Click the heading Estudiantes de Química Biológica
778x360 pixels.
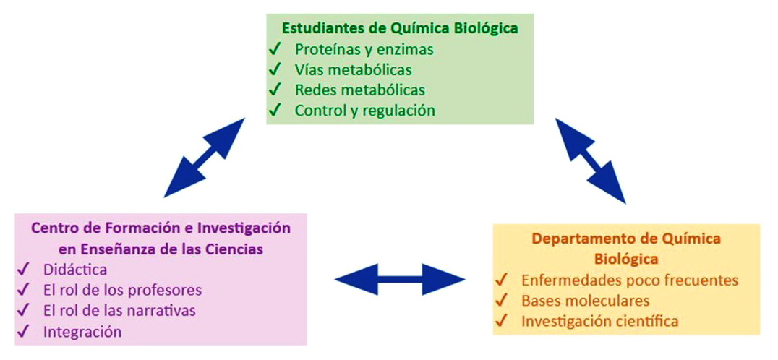point(399,29)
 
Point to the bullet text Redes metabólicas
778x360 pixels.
point(359,90)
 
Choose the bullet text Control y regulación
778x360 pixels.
point(364,111)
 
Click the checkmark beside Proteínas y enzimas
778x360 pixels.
point(274,50)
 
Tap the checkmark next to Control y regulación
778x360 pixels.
point(274,111)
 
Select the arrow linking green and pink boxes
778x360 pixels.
point(205,157)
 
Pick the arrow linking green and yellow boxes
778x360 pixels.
point(590,160)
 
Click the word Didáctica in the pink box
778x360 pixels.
point(74,270)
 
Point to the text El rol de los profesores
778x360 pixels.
point(121,290)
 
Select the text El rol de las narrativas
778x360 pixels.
point(119,311)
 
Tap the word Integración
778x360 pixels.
point(82,332)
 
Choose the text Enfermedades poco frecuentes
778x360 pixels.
point(629,280)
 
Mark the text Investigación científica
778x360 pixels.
point(599,321)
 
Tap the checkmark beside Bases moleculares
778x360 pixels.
point(500,300)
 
